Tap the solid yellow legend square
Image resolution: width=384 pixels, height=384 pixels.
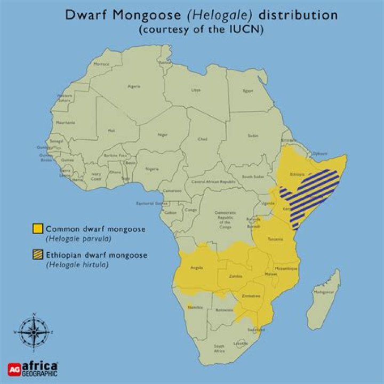click(x=37, y=229)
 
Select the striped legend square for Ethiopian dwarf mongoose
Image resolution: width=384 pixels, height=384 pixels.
click(x=37, y=255)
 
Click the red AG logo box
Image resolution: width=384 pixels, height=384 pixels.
click(x=14, y=369)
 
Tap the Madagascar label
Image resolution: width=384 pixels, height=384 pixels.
click(x=323, y=292)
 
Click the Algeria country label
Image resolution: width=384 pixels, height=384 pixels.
click(x=134, y=86)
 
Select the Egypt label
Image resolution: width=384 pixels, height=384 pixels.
click(x=247, y=91)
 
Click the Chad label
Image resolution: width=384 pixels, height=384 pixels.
click(x=202, y=139)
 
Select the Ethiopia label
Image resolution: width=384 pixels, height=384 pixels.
click(x=298, y=174)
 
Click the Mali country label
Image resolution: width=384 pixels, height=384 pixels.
click(x=111, y=130)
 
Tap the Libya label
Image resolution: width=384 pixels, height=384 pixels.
click(x=196, y=90)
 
